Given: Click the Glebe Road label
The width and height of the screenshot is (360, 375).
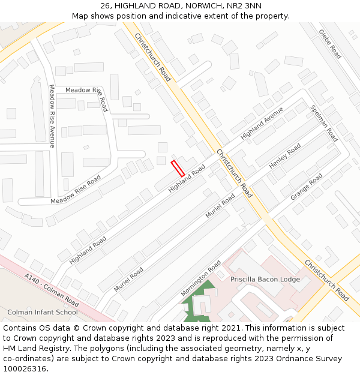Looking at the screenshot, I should coord(330,44).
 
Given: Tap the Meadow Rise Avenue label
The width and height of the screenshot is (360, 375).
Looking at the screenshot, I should coord(52,116).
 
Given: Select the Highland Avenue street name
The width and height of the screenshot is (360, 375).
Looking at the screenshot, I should coord(262,124).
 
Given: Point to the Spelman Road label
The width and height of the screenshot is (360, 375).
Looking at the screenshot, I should coord(324,123).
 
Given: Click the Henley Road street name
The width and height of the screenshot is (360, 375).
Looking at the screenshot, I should coord(285,155).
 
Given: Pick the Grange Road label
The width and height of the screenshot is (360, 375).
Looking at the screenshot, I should coord(307,187).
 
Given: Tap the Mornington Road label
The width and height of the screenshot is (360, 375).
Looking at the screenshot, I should coord(201,278).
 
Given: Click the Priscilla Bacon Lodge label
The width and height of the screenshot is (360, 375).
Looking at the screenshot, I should coord(265,279).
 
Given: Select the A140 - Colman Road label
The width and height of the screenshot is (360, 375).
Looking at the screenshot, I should coord(52,288).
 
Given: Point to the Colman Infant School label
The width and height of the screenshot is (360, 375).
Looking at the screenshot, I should coord(43,312).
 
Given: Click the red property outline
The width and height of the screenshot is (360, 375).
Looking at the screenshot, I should coord(178,168).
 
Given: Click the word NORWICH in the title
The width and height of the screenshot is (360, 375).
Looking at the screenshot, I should coord(203,5).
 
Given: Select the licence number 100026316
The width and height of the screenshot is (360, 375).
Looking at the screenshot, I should coord(26,368).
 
